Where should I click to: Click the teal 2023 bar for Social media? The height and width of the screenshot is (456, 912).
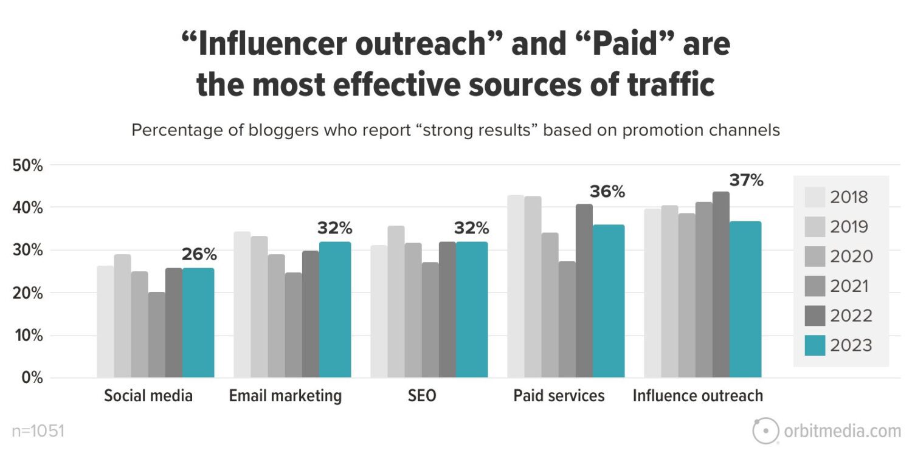point(198,322)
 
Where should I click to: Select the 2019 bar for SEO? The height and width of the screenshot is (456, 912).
point(396,302)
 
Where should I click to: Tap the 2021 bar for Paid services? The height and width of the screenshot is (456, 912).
point(567,319)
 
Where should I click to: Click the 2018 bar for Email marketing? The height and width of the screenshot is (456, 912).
point(242,304)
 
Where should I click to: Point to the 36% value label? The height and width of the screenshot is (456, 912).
point(607,192)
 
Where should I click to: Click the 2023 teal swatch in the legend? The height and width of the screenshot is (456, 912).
point(815,345)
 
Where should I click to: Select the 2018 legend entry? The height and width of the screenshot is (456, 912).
point(849,197)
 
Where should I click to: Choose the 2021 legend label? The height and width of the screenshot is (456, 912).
point(851,286)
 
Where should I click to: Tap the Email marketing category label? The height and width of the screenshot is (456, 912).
point(285,396)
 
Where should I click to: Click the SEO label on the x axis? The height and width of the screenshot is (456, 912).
point(422,396)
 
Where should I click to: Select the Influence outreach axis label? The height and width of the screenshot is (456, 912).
point(697,396)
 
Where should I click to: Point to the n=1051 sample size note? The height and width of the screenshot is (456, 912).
point(38,432)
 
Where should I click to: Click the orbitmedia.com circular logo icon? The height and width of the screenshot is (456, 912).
point(765,431)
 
